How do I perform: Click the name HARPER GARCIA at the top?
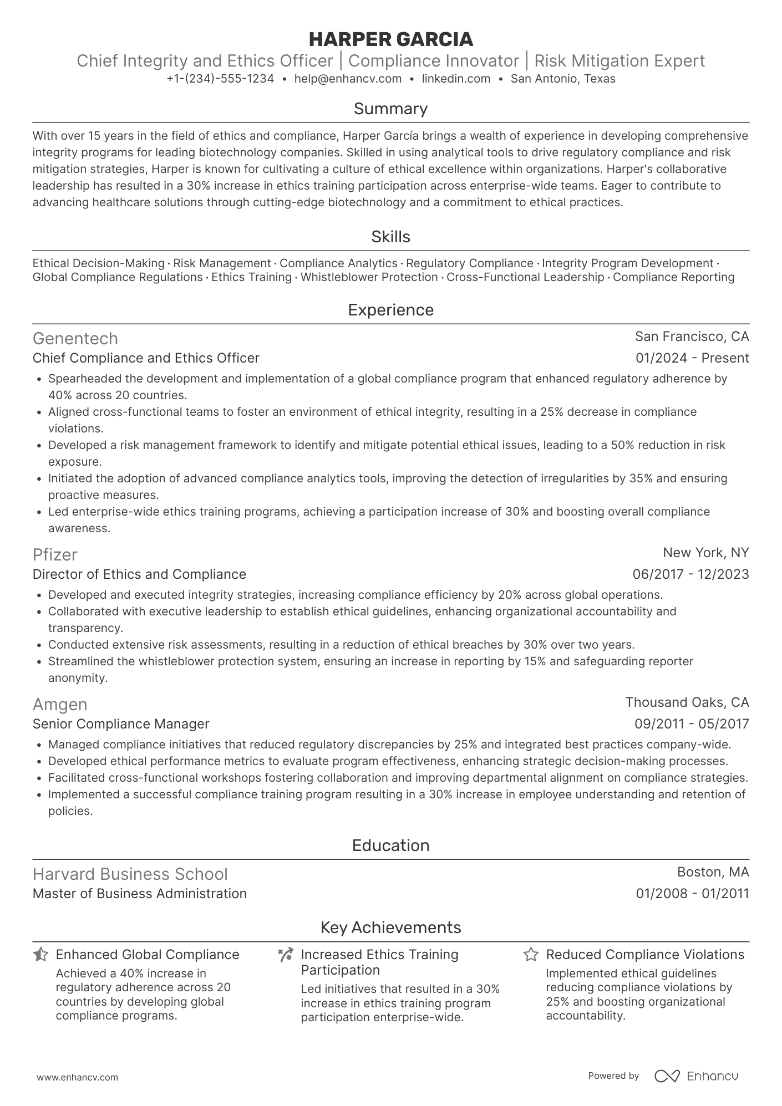390,39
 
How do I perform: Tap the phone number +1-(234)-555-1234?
220,79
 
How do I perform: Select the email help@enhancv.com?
348,79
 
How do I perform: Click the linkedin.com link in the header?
456,79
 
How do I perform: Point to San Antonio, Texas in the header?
563,79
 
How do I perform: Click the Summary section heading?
390,109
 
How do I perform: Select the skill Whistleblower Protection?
369,277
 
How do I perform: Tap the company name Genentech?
75,338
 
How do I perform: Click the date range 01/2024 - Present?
692,358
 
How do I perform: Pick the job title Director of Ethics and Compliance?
139,574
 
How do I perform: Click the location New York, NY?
705,553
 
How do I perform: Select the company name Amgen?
60,704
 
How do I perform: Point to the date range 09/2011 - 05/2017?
691,724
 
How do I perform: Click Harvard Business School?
130,874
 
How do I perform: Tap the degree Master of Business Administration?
140,894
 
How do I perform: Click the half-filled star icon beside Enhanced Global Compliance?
40,955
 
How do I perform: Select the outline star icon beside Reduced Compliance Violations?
531,955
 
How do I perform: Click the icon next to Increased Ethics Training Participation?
286,955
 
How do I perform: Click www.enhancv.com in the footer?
78,1078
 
